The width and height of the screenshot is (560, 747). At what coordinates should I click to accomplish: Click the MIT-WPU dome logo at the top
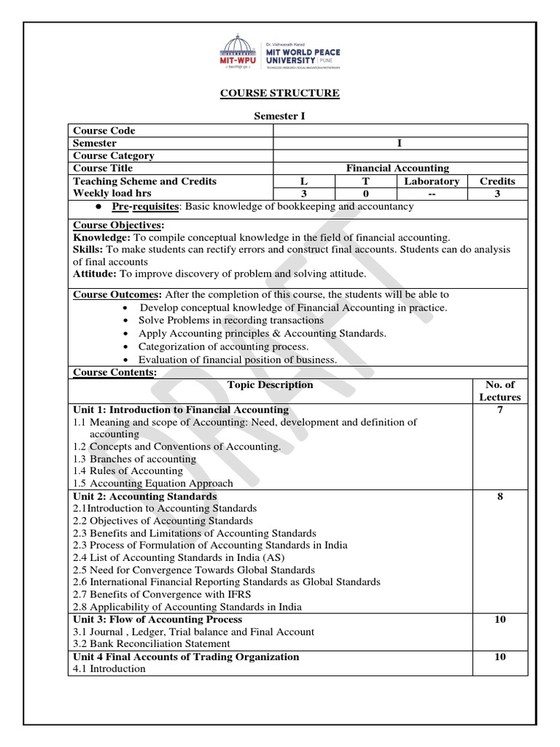[242, 51]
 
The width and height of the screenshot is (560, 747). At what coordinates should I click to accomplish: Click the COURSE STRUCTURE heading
[281, 93]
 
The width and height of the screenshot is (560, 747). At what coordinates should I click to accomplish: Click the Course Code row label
[104, 131]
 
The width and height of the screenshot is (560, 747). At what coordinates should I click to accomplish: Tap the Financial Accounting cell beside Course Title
[397, 168]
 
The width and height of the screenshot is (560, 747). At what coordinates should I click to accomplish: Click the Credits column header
[497, 181]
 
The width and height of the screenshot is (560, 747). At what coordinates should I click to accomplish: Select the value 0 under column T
[366, 193]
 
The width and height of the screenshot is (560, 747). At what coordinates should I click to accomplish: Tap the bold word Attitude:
[95, 274]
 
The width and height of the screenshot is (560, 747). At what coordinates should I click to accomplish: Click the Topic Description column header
[270, 384]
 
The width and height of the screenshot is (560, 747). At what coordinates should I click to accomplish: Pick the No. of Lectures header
[499, 391]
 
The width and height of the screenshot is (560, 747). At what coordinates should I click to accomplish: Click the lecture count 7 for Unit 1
[499, 410]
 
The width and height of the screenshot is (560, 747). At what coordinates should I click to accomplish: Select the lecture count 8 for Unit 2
[499, 496]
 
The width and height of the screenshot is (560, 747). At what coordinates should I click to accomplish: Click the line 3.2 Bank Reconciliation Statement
[152, 644]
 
